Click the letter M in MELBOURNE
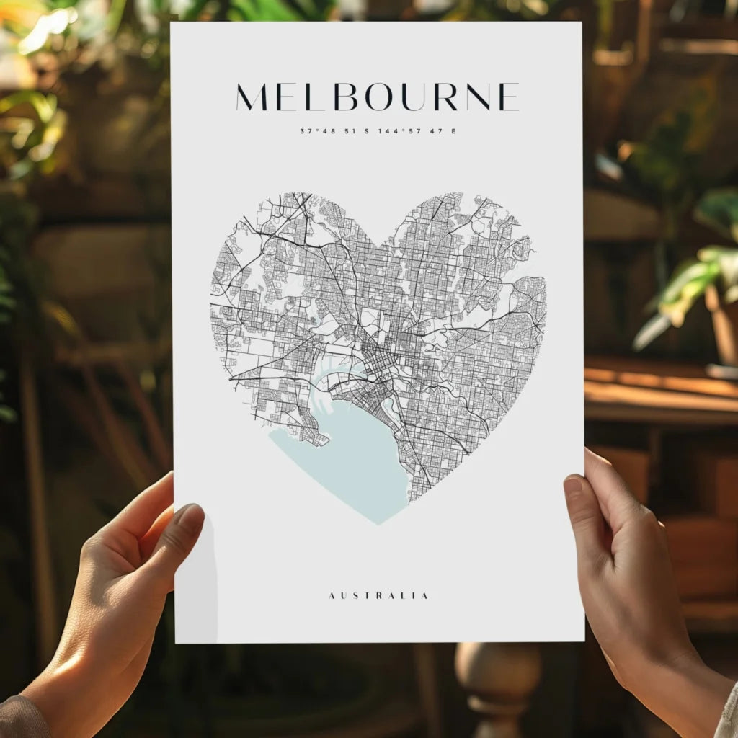252,97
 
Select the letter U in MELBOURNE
412,97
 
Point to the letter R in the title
445,97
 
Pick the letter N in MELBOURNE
478,97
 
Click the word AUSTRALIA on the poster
378,596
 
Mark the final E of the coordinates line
453,131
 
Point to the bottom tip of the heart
380,523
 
